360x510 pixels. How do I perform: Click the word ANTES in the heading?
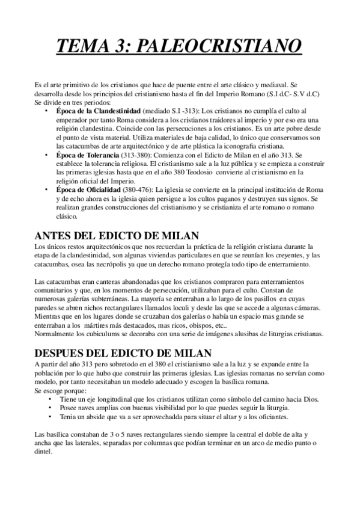click(x=56, y=235)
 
